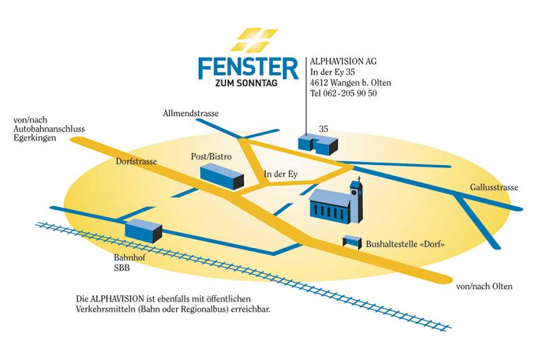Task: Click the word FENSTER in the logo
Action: click(x=248, y=67)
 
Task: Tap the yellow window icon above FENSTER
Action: click(x=254, y=40)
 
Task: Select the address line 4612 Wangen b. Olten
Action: click(x=350, y=83)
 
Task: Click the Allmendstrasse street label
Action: click(x=191, y=113)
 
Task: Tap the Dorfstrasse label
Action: click(x=136, y=162)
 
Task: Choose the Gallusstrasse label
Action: click(x=494, y=188)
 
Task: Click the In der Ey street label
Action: click(x=281, y=174)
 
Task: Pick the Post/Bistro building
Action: click(x=221, y=176)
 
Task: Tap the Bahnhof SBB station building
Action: click(x=143, y=230)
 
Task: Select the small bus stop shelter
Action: click(x=352, y=242)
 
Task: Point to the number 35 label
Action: click(x=323, y=129)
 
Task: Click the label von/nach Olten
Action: click(x=484, y=286)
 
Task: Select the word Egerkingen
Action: click(x=35, y=138)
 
